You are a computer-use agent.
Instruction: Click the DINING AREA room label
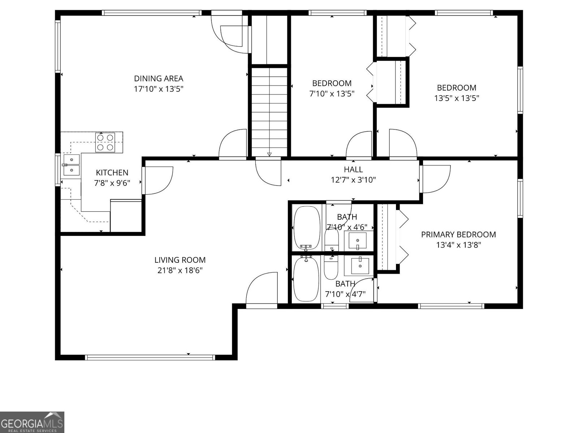[159, 78]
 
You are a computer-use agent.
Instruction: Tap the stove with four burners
[105, 142]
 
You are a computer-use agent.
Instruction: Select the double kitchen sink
[72, 164]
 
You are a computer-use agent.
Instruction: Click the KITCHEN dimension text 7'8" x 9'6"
[112, 183]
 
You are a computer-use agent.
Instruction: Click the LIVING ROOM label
[180, 260]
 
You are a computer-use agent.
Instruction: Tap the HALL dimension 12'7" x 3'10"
[353, 180]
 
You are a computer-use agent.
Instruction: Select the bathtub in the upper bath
[307, 227]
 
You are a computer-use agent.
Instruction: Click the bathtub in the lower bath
[306, 279]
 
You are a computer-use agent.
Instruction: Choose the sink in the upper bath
[357, 240]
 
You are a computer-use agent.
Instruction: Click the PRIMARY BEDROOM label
[458, 235]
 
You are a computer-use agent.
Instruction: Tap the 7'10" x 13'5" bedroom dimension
[332, 94]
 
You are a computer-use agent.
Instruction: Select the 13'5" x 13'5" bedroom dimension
[457, 98]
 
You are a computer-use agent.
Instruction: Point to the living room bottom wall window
[150, 358]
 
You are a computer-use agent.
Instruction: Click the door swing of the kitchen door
[159, 180]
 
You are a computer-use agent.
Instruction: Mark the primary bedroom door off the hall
[435, 179]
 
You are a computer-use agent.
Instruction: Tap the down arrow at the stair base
[269, 154]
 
